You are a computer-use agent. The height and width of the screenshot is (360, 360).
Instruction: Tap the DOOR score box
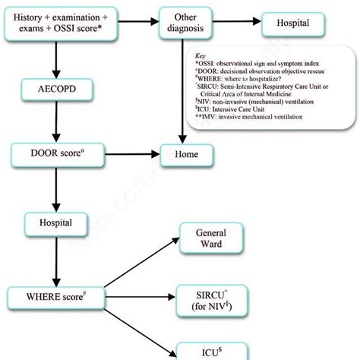(x=52, y=155)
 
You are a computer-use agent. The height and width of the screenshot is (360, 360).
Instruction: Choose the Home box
(x=191, y=155)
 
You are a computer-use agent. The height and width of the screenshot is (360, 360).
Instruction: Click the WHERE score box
(x=52, y=296)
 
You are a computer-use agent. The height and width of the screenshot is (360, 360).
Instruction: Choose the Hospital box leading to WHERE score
(x=52, y=224)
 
